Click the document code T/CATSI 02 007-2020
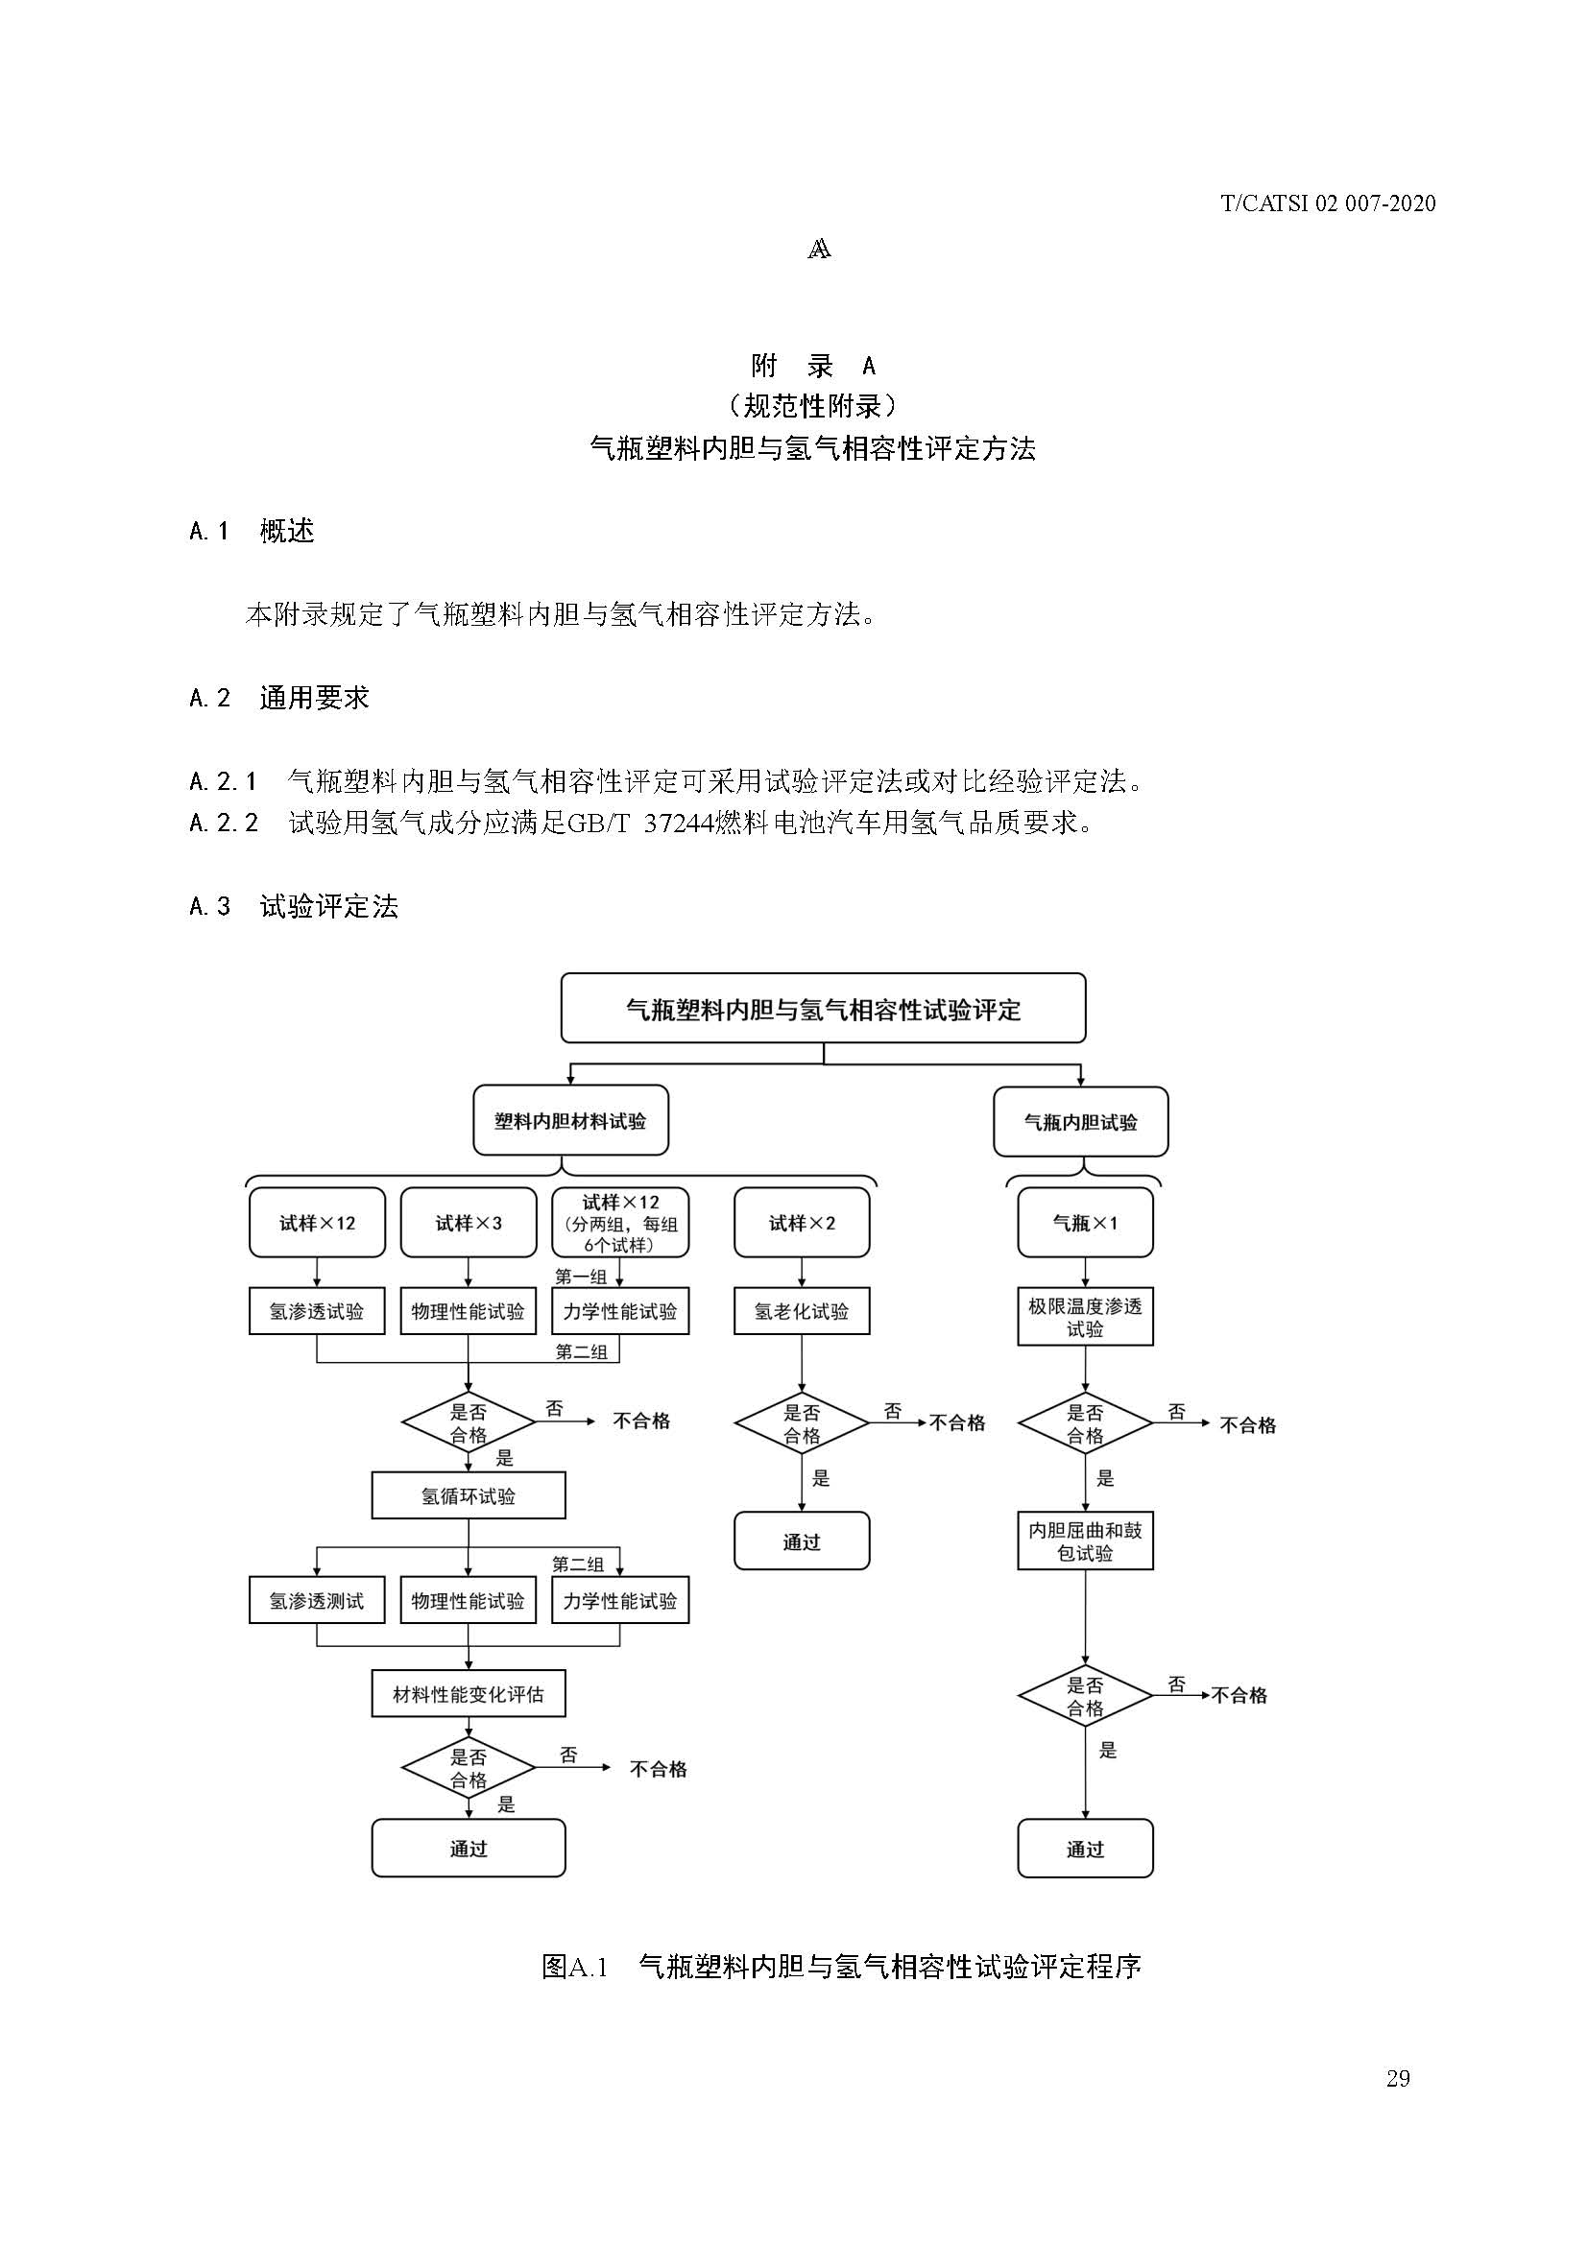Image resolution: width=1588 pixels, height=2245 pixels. pyautogui.click(x=1328, y=203)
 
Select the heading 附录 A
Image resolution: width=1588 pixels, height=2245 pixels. pyautogui.click(x=812, y=366)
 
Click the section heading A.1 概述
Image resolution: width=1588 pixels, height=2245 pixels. pyautogui.click(x=252, y=531)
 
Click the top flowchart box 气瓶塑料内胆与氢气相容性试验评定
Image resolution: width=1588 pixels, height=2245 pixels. pyautogui.click(x=823, y=1008)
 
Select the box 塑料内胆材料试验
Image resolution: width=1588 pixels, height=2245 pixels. pyautogui.click(x=570, y=1120)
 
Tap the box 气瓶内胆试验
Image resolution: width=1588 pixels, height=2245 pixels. pyautogui.click(x=1080, y=1123)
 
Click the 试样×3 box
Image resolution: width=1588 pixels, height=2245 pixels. pyautogui.click(x=469, y=1222)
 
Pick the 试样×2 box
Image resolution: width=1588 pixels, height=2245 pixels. pyautogui.click(x=802, y=1222)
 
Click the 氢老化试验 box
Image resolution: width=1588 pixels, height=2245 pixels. pyautogui.click(x=802, y=1311)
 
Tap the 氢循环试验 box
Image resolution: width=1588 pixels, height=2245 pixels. pyautogui.click(x=469, y=1496)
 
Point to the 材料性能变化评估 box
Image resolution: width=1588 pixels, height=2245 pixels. pyautogui.click(x=469, y=1694)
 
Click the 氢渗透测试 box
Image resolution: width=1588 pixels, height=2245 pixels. pyautogui.click(x=316, y=1601)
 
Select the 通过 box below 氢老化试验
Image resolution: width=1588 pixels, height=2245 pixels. pyautogui.click(x=802, y=1542)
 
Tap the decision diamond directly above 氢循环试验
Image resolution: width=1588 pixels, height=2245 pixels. pyautogui.click(x=469, y=1422)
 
